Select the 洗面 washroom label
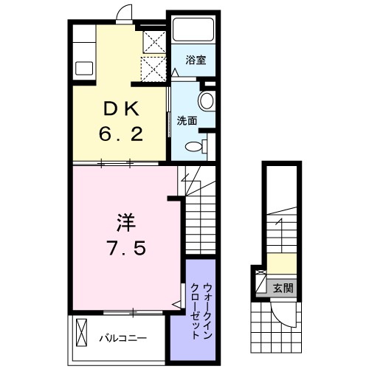pyautogui.click(x=186, y=120)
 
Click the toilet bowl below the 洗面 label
pyautogui.click(x=196, y=144)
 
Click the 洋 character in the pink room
pyautogui.click(x=123, y=221)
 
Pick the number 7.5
pyautogui.click(x=123, y=247)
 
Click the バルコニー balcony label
pyautogui.click(x=123, y=338)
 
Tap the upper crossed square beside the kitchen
pyautogui.click(x=154, y=40)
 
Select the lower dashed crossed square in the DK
pyautogui.click(x=154, y=70)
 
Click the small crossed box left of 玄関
pyautogui.click(x=261, y=283)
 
